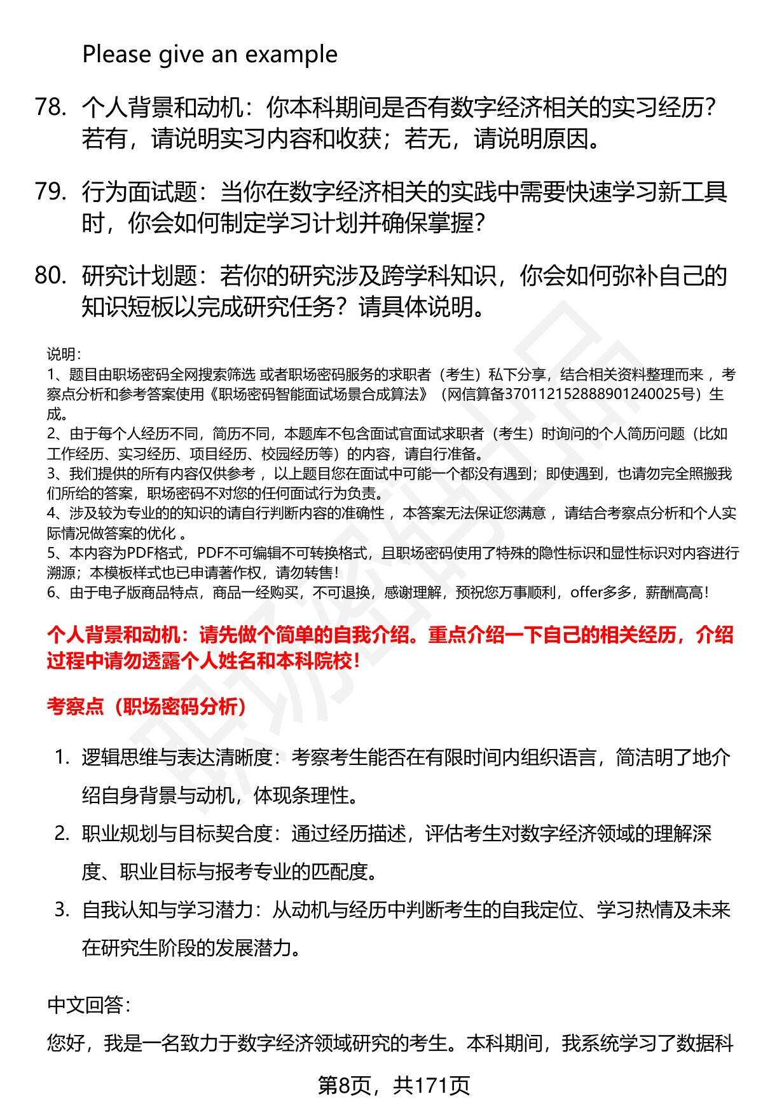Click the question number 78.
point(50,107)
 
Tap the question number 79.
point(50,192)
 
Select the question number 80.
point(50,276)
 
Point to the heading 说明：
point(64,354)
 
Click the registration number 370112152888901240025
point(588,394)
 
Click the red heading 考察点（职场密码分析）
point(147,706)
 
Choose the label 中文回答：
point(88,1004)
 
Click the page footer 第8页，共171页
point(394,1086)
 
